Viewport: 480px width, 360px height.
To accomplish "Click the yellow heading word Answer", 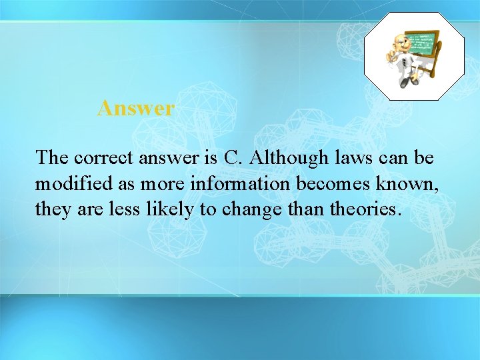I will point(136,108).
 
